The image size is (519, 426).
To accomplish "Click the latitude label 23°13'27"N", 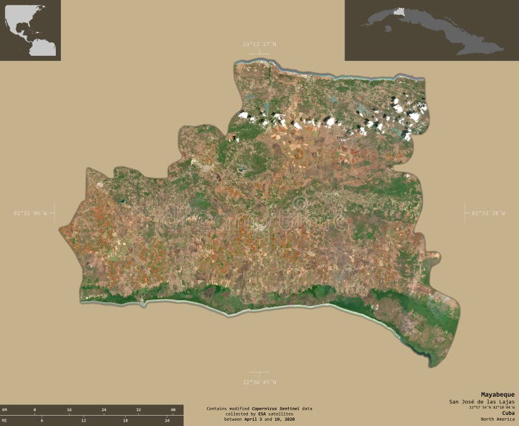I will point(259,44).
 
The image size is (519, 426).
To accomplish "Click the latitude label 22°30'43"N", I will point(259,382).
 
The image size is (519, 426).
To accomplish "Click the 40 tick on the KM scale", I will point(173,410).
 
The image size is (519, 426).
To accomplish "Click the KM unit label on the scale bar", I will point(5,410).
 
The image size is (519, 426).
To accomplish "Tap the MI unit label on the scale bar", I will point(5,421).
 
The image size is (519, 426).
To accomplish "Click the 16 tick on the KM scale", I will point(69,410).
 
